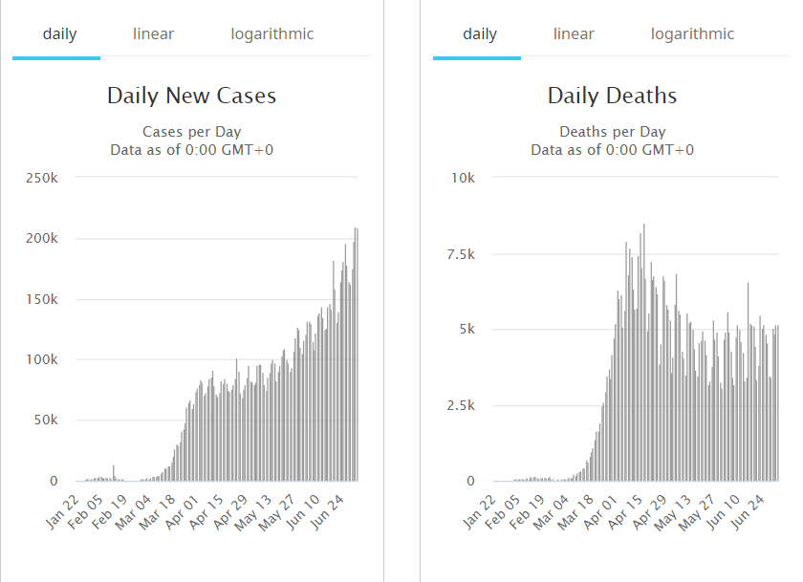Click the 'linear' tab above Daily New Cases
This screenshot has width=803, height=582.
click(x=153, y=34)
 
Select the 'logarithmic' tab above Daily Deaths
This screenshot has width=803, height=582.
click(x=692, y=34)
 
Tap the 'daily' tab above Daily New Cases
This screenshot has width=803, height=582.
click(x=59, y=34)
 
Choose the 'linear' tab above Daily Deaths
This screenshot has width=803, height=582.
click(x=574, y=34)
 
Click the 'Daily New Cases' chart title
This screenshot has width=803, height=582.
click(x=191, y=96)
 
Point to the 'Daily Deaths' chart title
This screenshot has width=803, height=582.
click(x=612, y=96)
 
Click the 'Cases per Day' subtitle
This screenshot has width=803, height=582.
click(x=191, y=132)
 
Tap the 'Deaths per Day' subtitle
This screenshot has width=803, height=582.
click(x=612, y=132)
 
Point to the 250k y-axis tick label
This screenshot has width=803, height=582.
click(x=41, y=178)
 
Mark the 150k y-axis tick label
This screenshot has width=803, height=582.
click(x=41, y=299)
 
